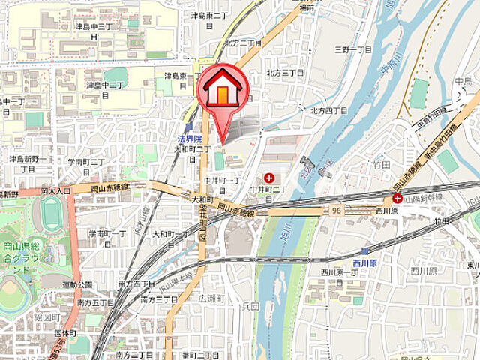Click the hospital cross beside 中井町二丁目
coord(268,178)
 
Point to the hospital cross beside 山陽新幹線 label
coord(397,199)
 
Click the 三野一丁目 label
coord(353,49)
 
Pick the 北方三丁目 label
coord(285,73)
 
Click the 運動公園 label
coord(76,285)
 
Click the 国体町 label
coord(65,331)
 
